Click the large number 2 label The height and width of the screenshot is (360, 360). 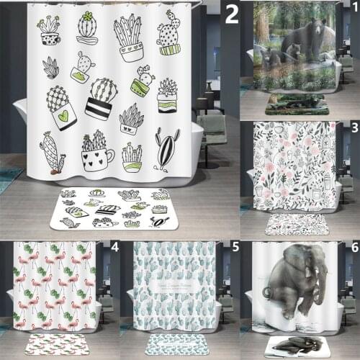[x=231, y=13]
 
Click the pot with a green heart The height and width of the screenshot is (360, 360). [x=62, y=108]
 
